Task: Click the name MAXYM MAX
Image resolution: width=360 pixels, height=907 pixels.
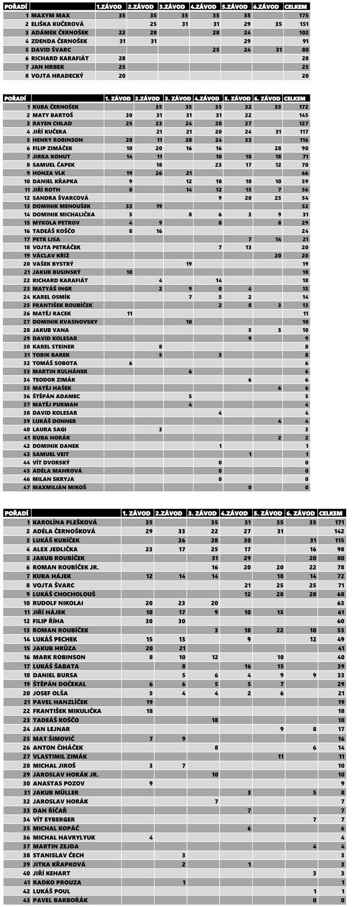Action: pos(51,16)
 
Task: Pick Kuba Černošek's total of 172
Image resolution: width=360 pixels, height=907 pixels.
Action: pos(303,107)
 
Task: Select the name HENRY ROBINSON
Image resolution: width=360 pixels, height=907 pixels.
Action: pos(58,140)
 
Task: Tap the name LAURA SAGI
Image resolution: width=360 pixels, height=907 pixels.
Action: pos(49,429)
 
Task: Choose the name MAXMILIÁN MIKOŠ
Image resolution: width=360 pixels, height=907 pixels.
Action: pos(59,487)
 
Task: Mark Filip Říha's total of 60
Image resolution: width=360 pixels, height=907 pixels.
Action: pos(340,621)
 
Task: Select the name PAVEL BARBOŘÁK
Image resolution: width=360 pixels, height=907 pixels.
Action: pos(61,900)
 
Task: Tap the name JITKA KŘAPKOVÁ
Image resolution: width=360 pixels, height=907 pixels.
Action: pos(59,864)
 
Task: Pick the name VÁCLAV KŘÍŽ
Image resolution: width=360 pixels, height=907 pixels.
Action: pos(51,256)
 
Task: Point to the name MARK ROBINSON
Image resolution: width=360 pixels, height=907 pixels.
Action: pos(59,657)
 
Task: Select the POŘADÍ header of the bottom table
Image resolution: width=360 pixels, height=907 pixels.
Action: pos(16,513)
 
